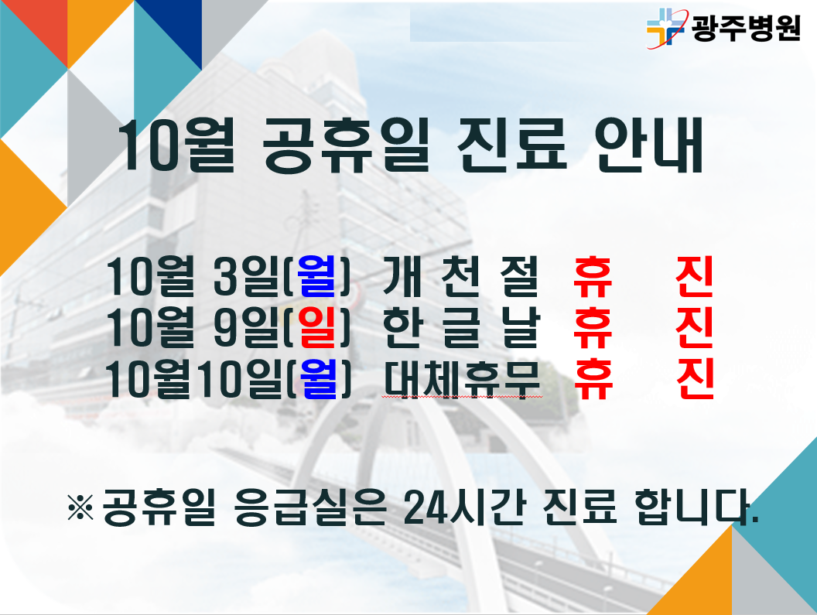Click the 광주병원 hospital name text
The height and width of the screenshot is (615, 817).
click(x=746, y=28)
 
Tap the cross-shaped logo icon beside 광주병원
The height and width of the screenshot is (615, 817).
click(x=665, y=28)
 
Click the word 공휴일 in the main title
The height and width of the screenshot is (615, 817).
click(x=346, y=145)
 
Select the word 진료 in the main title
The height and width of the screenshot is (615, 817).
click(x=511, y=145)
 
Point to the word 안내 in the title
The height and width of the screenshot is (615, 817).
click(x=650, y=145)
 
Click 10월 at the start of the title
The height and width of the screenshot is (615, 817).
click(x=177, y=145)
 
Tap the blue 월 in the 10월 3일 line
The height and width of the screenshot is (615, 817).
click(x=316, y=275)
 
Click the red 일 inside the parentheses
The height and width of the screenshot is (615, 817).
click(x=317, y=326)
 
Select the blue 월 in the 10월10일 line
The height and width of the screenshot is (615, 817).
click(x=318, y=378)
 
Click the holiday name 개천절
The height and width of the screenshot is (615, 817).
click(x=460, y=276)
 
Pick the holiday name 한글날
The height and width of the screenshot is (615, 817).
click(x=460, y=327)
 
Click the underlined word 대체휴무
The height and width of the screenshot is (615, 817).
click(x=462, y=378)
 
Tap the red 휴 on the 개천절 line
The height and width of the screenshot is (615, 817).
click(x=593, y=276)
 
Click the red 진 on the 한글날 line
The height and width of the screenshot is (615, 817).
click(x=694, y=327)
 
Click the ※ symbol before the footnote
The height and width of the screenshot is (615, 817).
click(x=80, y=507)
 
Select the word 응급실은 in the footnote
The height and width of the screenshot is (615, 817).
click(x=310, y=507)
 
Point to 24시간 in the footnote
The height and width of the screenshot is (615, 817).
click(x=464, y=507)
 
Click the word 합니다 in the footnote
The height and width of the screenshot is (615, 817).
click(x=696, y=507)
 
